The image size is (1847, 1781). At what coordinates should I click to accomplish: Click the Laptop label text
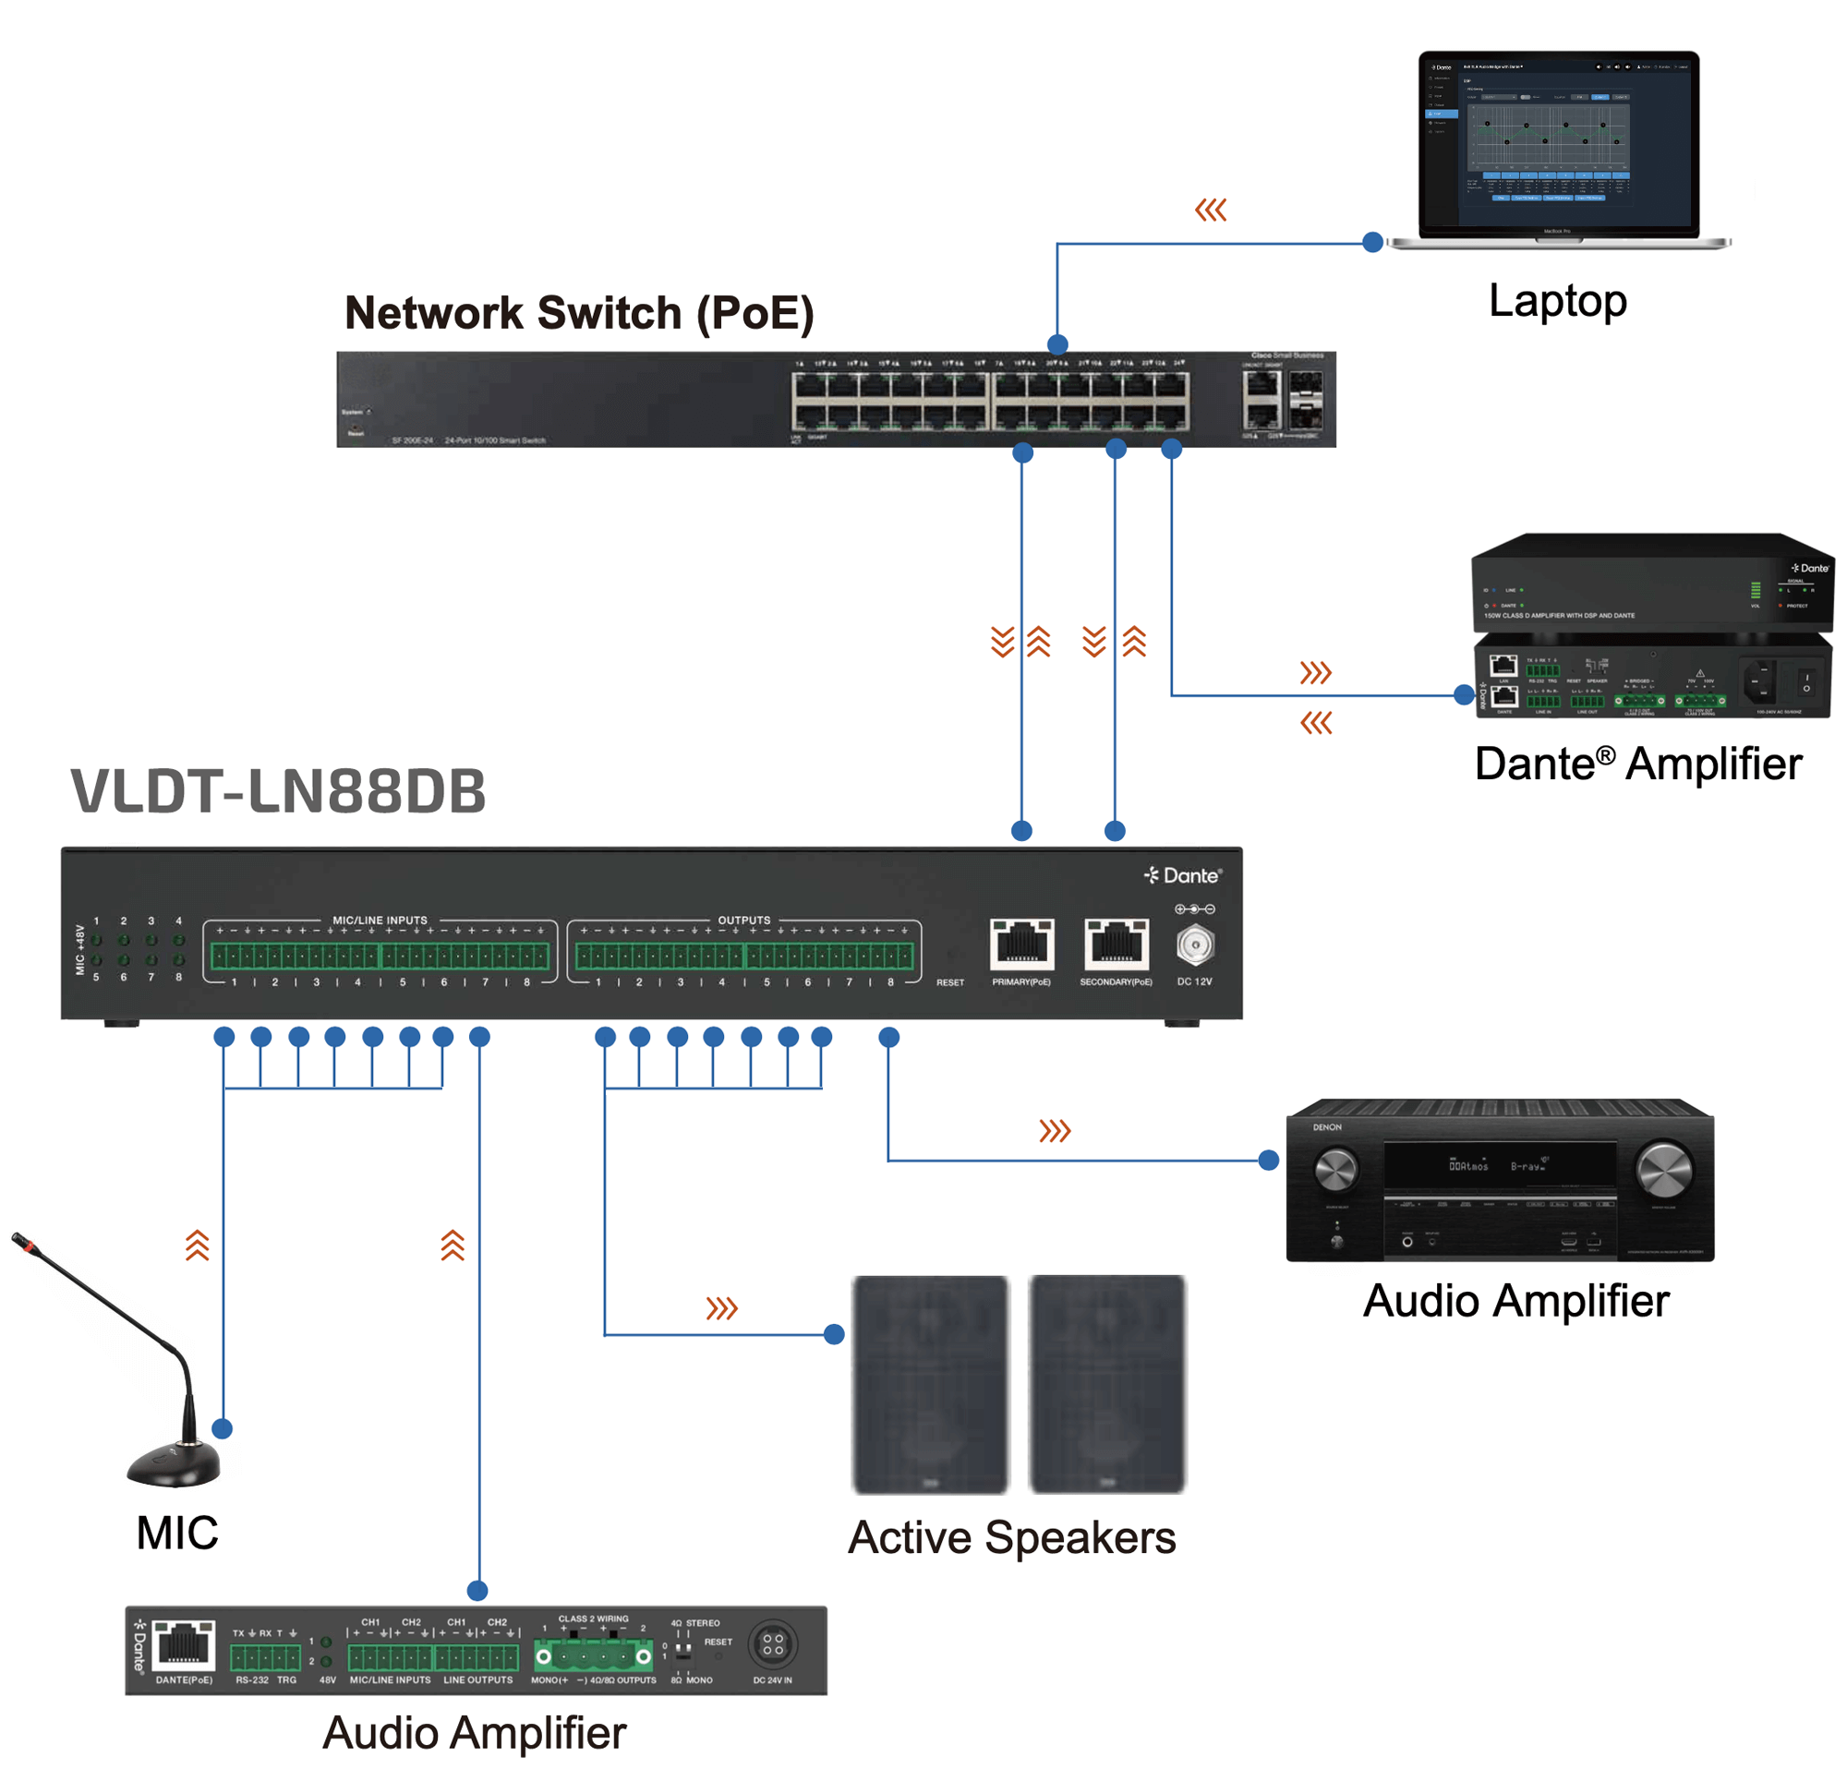pyautogui.click(x=1557, y=302)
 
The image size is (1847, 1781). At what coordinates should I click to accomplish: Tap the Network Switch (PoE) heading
pyautogui.click(x=579, y=313)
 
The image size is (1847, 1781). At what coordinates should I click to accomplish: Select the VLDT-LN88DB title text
pyautogui.click(x=278, y=791)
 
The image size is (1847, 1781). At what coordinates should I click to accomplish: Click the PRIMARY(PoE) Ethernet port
pyautogui.click(x=1021, y=944)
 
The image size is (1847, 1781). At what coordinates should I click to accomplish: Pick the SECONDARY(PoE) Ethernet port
pyautogui.click(x=1116, y=944)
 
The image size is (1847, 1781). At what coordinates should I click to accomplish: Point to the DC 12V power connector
pyautogui.click(x=1195, y=945)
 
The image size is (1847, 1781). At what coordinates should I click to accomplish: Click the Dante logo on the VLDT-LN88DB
pyautogui.click(x=1183, y=875)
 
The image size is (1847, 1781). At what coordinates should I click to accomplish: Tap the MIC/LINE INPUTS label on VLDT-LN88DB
pyautogui.click(x=380, y=920)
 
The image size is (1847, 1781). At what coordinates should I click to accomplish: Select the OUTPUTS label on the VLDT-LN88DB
pyautogui.click(x=743, y=920)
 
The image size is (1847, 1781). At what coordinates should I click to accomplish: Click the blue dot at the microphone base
pyautogui.click(x=223, y=1428)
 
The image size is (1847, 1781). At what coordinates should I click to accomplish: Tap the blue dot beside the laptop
pyautogui.click(x=1373, y=243)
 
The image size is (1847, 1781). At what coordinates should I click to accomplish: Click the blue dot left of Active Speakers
pyautogui.click(x=834, y=1334)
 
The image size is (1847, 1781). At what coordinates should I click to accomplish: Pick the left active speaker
pyautogui.click(x=930, y=1383)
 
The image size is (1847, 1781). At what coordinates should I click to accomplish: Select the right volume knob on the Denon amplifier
pyautogui.click(x=1663, y=1170)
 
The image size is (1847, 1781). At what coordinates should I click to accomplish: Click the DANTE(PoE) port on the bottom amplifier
pyautogui.click(x=184, y=1645)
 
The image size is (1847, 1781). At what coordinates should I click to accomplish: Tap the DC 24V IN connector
pyautogui.click(x=773, y=1644)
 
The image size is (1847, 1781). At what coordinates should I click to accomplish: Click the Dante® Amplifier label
pyautogui.click(x=1637, y=764)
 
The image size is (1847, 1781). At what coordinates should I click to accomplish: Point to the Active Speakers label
pyautogui.click(x=1011, y=1538)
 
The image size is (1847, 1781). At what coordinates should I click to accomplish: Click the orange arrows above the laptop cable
pyautogui.click(x=1210, y=211)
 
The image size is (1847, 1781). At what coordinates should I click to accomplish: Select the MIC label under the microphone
pyautogui.click(x=177, y=1534)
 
